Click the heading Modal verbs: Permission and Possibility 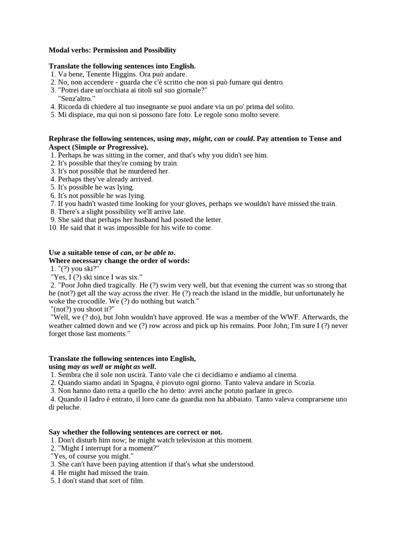[112, 50]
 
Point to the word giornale [192, 90]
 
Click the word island [231, 293]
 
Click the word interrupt [100, 448]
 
